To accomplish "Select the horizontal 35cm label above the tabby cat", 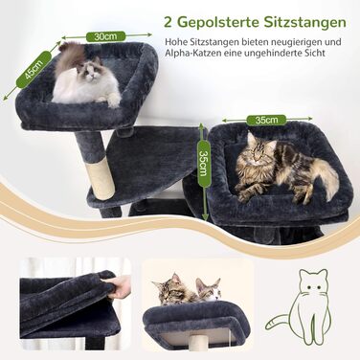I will click(264, 122).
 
